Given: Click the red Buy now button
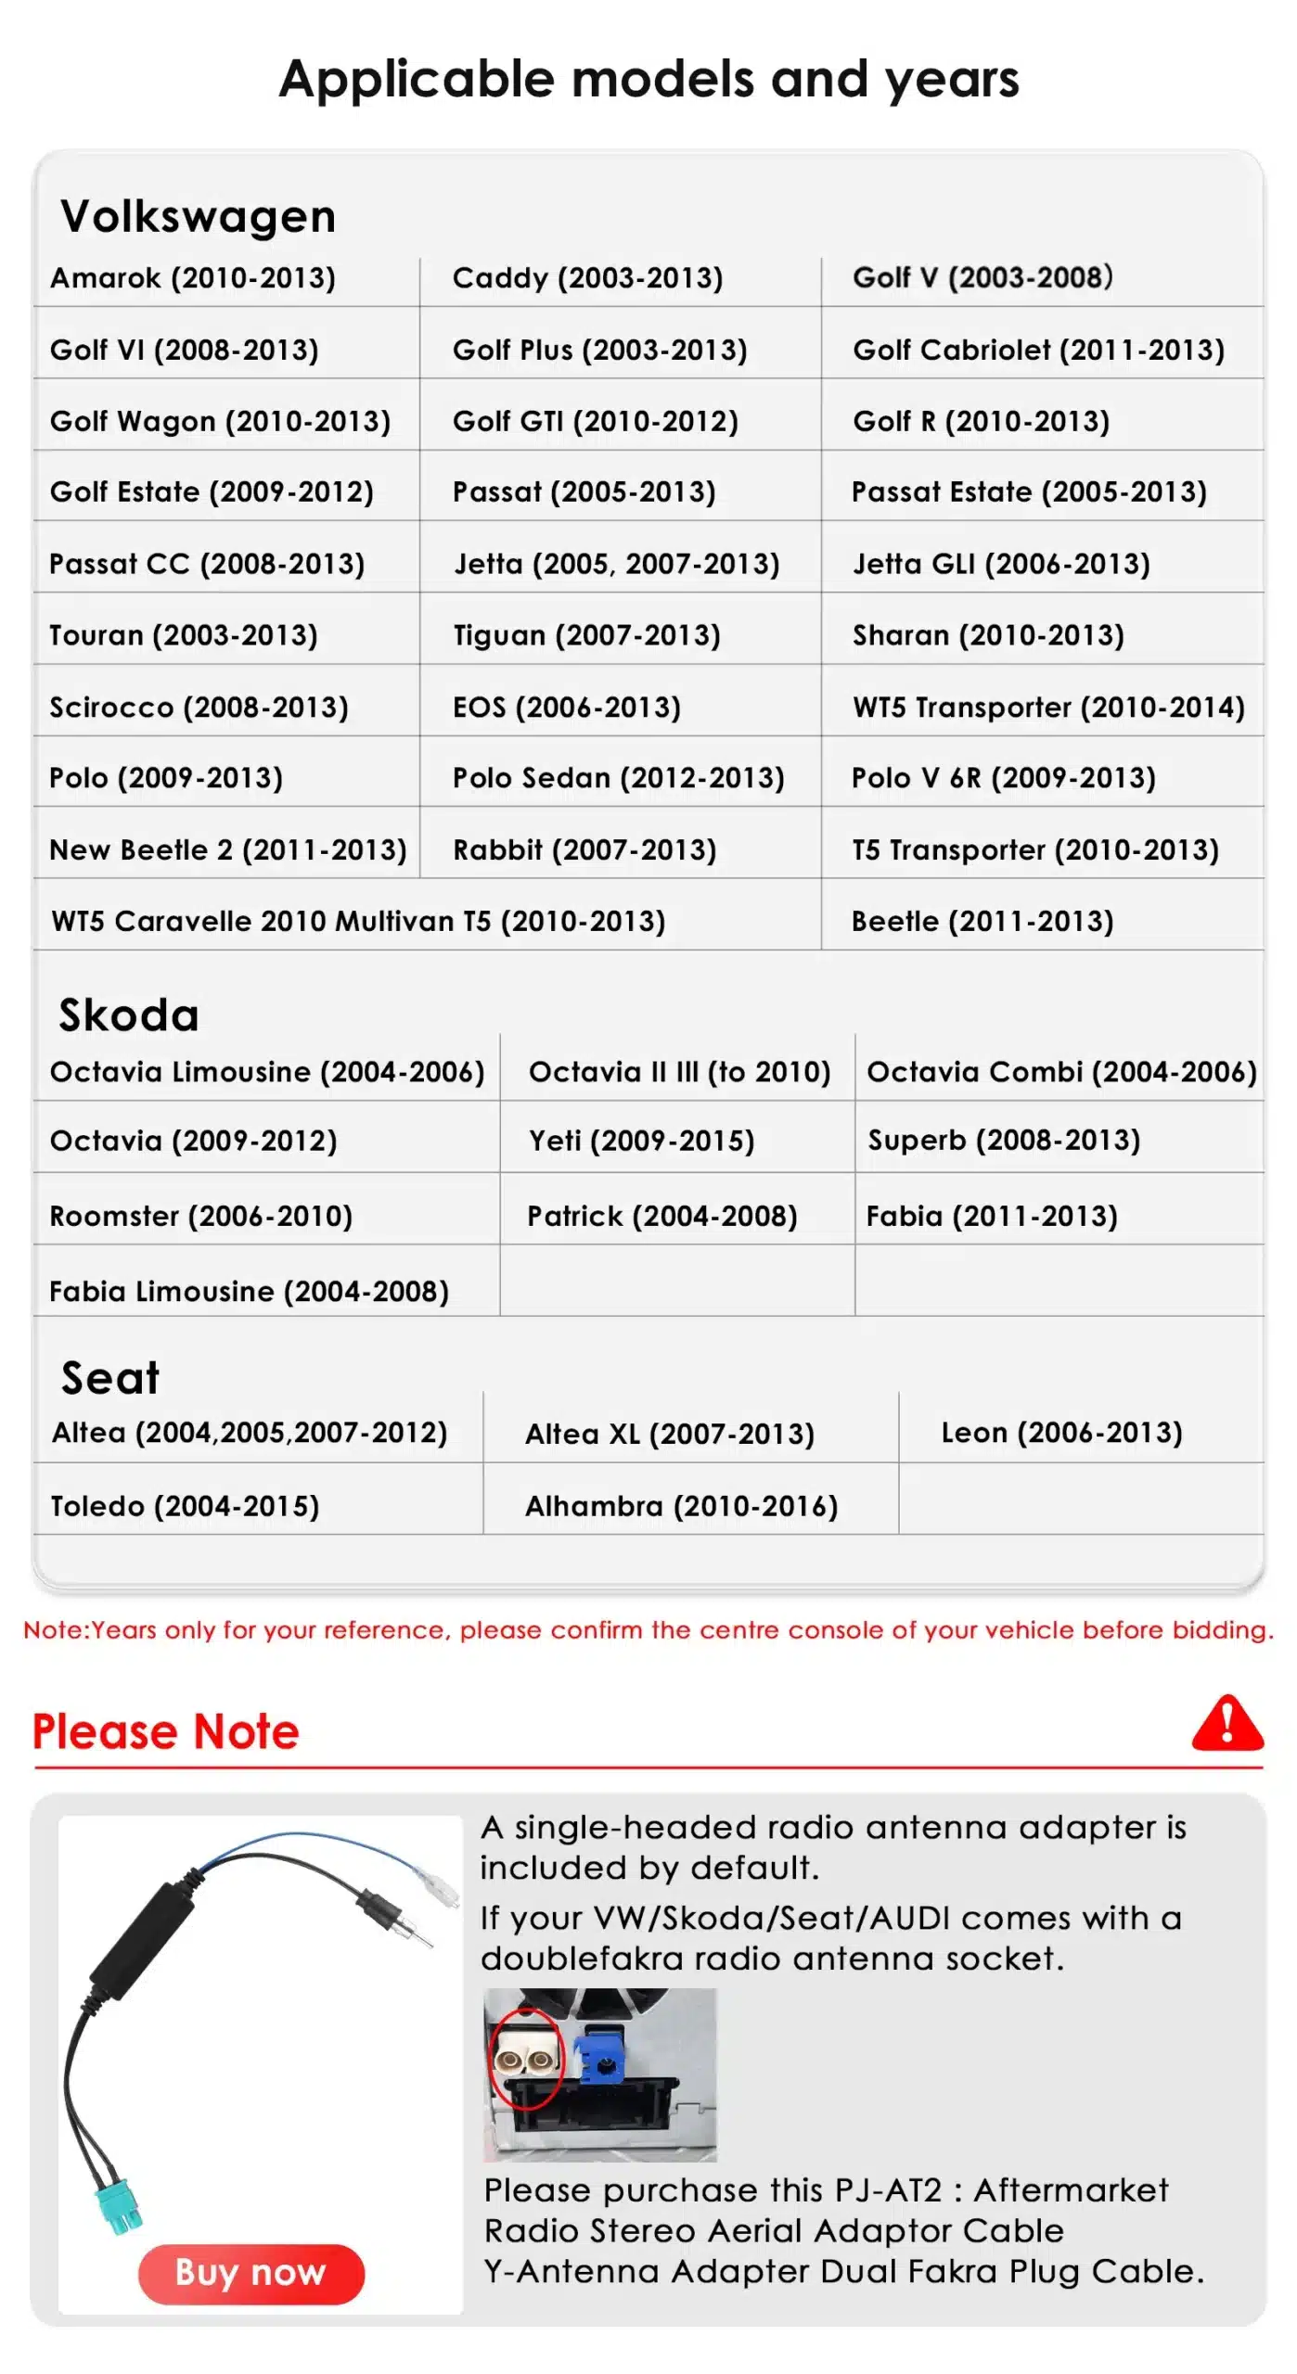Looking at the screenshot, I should (250, 2273).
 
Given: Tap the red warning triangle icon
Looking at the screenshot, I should (1226, 1725).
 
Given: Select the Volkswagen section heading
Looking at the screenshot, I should (198, 217).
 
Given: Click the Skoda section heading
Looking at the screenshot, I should (129, 1015).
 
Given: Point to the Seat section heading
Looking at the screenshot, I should (110, 1377).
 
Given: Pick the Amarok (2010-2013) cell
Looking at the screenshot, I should (193, 278).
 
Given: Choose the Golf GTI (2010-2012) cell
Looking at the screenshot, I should (595, 422).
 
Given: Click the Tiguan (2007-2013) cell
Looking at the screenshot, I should (586, 635).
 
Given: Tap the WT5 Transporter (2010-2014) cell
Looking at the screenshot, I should (1048, 708).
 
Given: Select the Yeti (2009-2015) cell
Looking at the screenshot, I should (641, 1141).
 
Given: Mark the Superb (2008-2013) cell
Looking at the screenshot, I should (1004, 1140).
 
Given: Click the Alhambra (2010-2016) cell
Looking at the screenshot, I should (681, 1506).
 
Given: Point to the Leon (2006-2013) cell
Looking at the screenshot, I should (1061, 1433).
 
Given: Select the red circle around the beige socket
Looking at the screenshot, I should (526, 2058).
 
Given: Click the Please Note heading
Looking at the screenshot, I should (166, 1731).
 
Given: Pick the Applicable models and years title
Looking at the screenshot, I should (648, 79).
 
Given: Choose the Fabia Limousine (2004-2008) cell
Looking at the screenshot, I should (249, 1291).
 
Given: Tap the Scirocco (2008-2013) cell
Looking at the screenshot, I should (199, 708).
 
